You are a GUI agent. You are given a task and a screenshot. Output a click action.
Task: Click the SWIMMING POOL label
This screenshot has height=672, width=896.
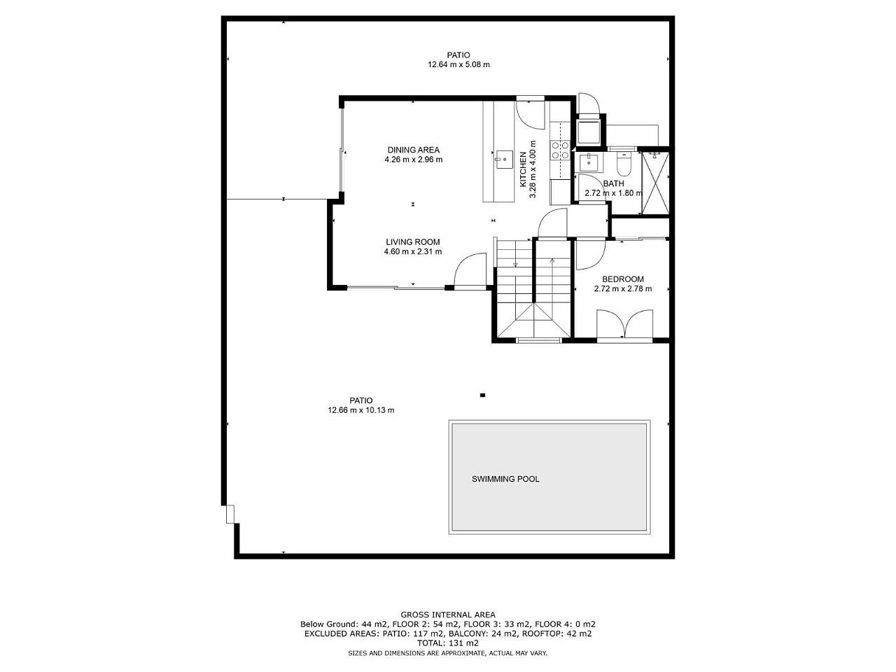point(505,479)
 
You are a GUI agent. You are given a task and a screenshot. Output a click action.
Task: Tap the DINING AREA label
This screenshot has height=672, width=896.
point(414,150)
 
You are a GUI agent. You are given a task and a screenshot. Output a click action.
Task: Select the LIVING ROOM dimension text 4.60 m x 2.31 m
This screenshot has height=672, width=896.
point(413,252)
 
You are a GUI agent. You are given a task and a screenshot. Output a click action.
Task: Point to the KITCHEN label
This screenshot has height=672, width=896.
point(523,169)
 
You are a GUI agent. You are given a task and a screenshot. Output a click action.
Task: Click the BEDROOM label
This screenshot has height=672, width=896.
point(623,279)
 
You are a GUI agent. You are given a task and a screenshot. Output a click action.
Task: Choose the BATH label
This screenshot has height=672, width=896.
point(613,183)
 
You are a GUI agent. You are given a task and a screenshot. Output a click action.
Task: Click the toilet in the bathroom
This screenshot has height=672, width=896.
point(624,164)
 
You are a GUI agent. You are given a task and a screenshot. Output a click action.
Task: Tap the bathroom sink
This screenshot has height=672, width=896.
point(589,162)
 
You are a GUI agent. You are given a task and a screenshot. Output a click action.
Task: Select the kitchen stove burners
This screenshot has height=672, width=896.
point(559,150)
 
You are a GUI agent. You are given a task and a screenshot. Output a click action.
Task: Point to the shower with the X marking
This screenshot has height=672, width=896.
point(655,183)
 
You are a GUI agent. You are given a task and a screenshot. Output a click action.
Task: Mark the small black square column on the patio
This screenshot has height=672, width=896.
point(482,395)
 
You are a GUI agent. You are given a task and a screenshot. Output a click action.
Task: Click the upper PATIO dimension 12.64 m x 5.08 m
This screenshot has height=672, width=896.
point(458,64)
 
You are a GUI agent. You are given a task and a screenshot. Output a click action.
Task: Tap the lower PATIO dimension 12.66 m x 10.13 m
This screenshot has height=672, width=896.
point(360,410)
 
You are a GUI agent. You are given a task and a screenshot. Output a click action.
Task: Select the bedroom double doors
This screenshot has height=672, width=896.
point(624,324)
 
